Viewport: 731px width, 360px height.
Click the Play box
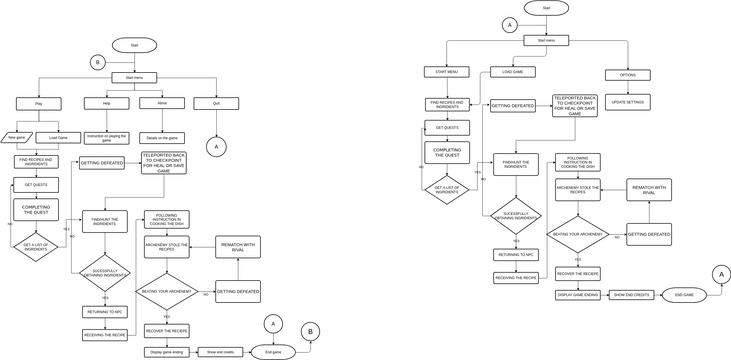click(39, 103)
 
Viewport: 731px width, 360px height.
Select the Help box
click(99, 103)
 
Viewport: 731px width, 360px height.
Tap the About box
click(161, 102)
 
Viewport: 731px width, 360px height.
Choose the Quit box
click(217, 103)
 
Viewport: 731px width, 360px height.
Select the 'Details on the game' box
click(161, 137)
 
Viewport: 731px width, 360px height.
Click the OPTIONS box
click(627, 75)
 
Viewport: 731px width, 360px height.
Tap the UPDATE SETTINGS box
click(627, 102)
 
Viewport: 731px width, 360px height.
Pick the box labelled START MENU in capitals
click(447, 72)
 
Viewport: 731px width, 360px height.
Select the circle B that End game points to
click(311, 330)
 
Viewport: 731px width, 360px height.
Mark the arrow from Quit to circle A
click(217, 122)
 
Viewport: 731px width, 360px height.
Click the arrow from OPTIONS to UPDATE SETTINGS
click(627, 87)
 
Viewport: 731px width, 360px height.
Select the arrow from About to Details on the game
click(161, 119)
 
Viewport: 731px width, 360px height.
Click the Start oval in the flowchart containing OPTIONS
click(546, 8)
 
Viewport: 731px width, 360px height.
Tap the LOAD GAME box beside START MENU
click(512, 72)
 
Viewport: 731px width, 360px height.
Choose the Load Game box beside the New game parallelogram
click(58, 137)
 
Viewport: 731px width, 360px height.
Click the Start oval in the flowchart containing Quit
click(134, 45)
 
